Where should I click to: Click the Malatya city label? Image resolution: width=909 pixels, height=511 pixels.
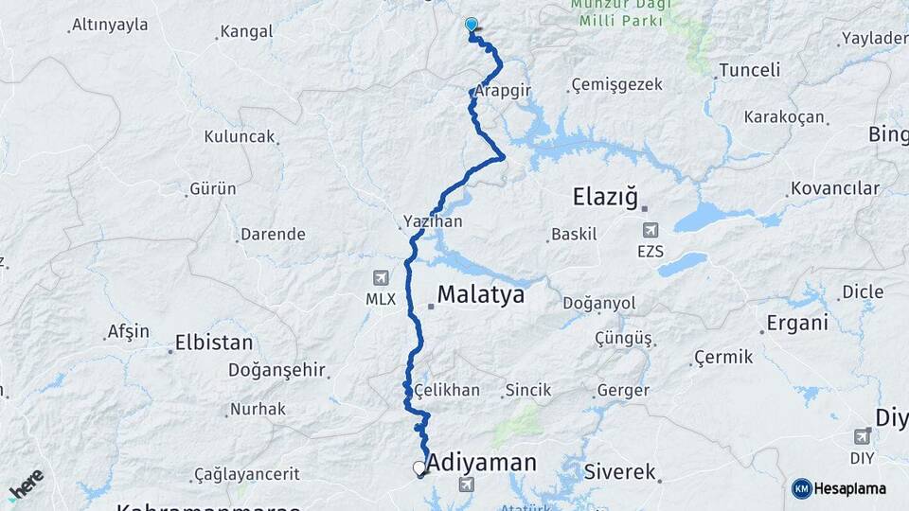point(480,294)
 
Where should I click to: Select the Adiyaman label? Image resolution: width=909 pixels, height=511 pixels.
point(481,464)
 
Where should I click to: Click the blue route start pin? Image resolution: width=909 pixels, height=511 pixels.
point(471,26)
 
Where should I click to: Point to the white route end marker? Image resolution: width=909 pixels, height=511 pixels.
point(419,467)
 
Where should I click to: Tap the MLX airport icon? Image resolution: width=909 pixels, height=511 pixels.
point(381,278)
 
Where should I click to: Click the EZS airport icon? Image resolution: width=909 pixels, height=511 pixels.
point(651,230)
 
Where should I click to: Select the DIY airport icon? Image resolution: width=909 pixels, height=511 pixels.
point(862,435)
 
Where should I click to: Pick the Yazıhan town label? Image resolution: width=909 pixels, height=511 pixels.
point(433,221)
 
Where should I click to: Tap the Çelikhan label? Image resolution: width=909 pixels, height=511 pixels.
point(446,390)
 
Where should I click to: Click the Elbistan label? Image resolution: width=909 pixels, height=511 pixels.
point(214,343)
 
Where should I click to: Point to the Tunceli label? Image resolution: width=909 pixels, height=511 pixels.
point(749,70)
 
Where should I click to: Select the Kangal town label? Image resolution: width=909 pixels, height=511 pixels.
point(246,32)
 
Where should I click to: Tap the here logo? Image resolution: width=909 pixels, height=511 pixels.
point(26,484)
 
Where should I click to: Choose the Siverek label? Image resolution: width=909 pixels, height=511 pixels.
point(620,471)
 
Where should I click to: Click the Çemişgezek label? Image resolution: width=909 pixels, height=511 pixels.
point(617,85)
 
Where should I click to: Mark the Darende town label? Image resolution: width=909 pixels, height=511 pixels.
point(273,234)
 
